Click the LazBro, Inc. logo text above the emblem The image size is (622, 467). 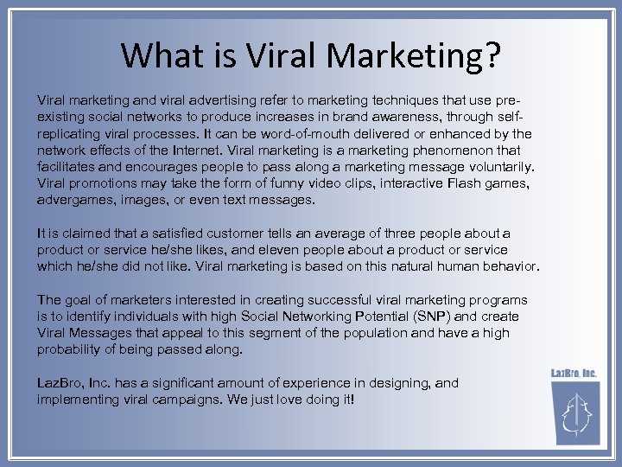pyautogui.click(x=574, y=374)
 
